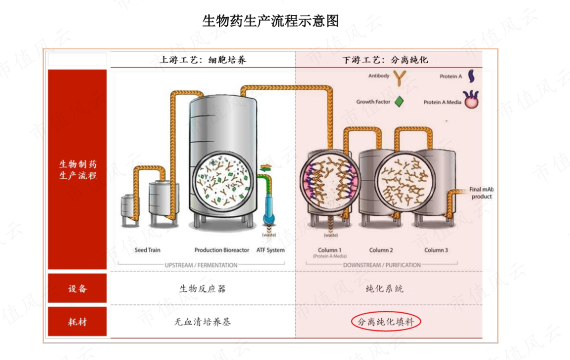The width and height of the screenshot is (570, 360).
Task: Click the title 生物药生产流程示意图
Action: [271, 21]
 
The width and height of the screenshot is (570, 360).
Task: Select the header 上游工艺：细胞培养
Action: [203, 60]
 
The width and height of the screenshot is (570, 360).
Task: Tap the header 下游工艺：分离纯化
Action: [385, 60]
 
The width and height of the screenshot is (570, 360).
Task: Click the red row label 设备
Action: [78, 289]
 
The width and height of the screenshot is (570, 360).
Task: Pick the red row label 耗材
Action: [78, 322]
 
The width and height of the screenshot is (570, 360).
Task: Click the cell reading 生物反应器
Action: [203, 289]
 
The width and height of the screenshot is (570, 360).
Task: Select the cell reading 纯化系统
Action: [385, 289]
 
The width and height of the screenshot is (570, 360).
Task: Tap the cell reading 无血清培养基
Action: [203, 322]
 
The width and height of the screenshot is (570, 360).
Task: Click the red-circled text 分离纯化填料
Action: [386, 322]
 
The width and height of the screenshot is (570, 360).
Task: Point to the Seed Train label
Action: [147, 250]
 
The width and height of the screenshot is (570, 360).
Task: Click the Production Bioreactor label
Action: [222, 250]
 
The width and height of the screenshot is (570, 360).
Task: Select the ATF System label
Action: [271, 250]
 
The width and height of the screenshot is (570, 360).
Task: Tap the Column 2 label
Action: [381, 250]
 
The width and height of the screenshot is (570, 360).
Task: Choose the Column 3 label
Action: [436, 250]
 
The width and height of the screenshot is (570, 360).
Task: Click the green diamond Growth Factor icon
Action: [399, 102]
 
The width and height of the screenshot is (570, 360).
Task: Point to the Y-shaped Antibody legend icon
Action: [400, 78]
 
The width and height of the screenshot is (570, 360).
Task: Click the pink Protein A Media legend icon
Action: [471, 99]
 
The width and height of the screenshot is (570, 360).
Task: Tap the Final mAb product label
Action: [481, 193]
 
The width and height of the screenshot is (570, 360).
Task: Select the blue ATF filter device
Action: [269, 209]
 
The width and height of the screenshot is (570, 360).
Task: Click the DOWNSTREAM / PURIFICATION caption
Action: [382, 265]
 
